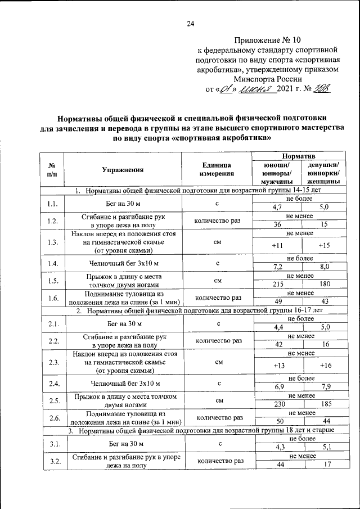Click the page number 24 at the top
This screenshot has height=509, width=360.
click(x=190, y=24)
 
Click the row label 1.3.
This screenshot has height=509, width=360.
click(x=53, y=242)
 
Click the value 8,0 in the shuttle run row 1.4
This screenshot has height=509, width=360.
click(x=324, y=267)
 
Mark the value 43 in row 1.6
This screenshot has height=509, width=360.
click(x=324, y=302)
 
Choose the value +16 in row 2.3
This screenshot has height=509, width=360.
click(x=324, y=366)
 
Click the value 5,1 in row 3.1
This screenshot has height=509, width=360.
click(x=324, y=447)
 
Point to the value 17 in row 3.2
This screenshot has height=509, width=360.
click(x=324, y=465)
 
